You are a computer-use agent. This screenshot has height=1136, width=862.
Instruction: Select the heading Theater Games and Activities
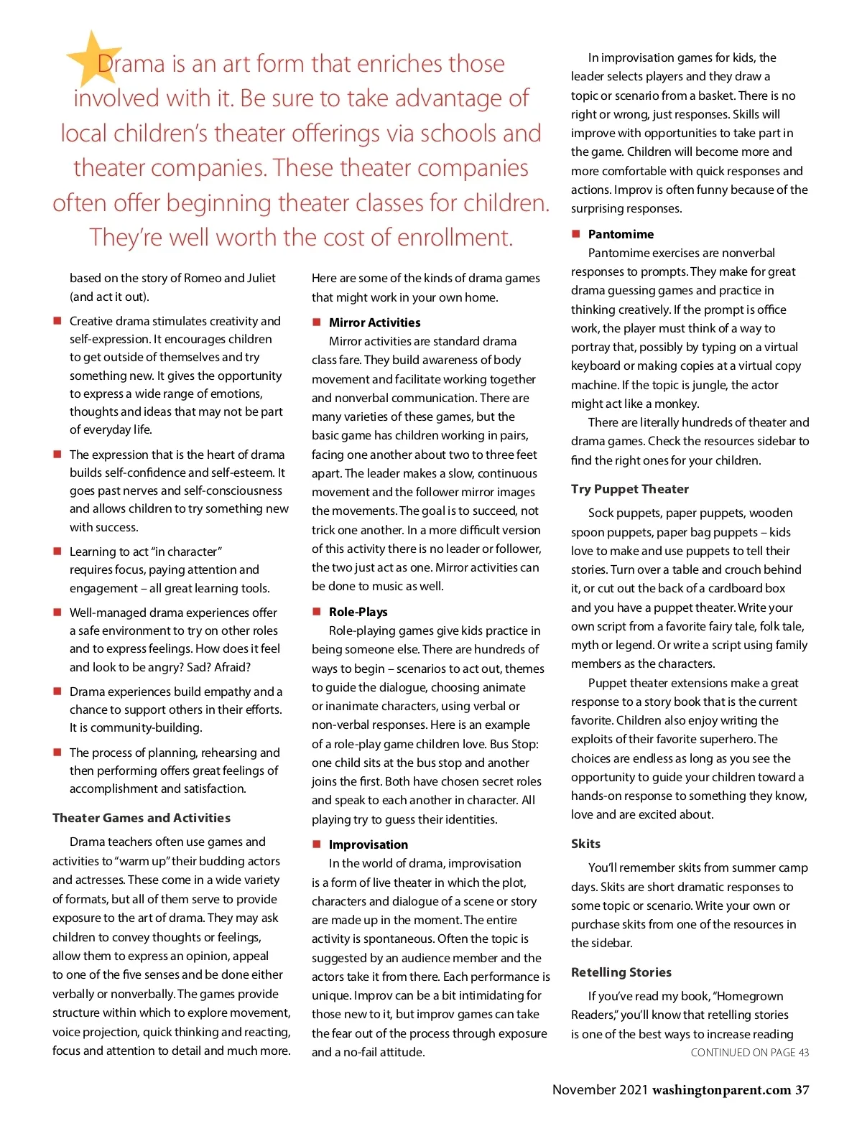(x=142, y=818)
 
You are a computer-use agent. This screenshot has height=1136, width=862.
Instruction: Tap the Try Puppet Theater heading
(x=629, y=489)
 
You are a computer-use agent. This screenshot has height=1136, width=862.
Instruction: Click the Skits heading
(x=585, y=844)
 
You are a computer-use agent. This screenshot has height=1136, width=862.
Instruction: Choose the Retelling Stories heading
(x=621, y=972)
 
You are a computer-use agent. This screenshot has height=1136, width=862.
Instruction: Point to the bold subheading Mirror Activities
(x=374, y=322)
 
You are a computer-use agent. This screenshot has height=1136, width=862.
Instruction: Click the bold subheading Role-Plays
(x=358, y=612)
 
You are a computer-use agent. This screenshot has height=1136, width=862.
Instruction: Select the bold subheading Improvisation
(x=368, y=844)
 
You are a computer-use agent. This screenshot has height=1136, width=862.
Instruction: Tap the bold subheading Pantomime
(x=621, y=234)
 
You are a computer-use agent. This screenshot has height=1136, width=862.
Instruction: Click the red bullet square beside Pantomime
(x=575, y=234)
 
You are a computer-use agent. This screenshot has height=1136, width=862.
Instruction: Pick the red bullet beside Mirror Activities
(x=316, y=322)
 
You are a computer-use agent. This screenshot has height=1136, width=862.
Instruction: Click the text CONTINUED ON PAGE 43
(x=749, y=1053)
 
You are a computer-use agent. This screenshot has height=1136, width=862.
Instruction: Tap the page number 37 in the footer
(x=802, y=1090)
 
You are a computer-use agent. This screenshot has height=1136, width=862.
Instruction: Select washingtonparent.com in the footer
(x=721, y=1090)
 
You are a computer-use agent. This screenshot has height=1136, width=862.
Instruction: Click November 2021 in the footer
(x=600, y=1090)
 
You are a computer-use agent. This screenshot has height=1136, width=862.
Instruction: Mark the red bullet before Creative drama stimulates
(x=57, y=321)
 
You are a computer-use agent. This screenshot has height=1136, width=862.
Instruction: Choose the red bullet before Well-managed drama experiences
(x=57, y=613)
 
